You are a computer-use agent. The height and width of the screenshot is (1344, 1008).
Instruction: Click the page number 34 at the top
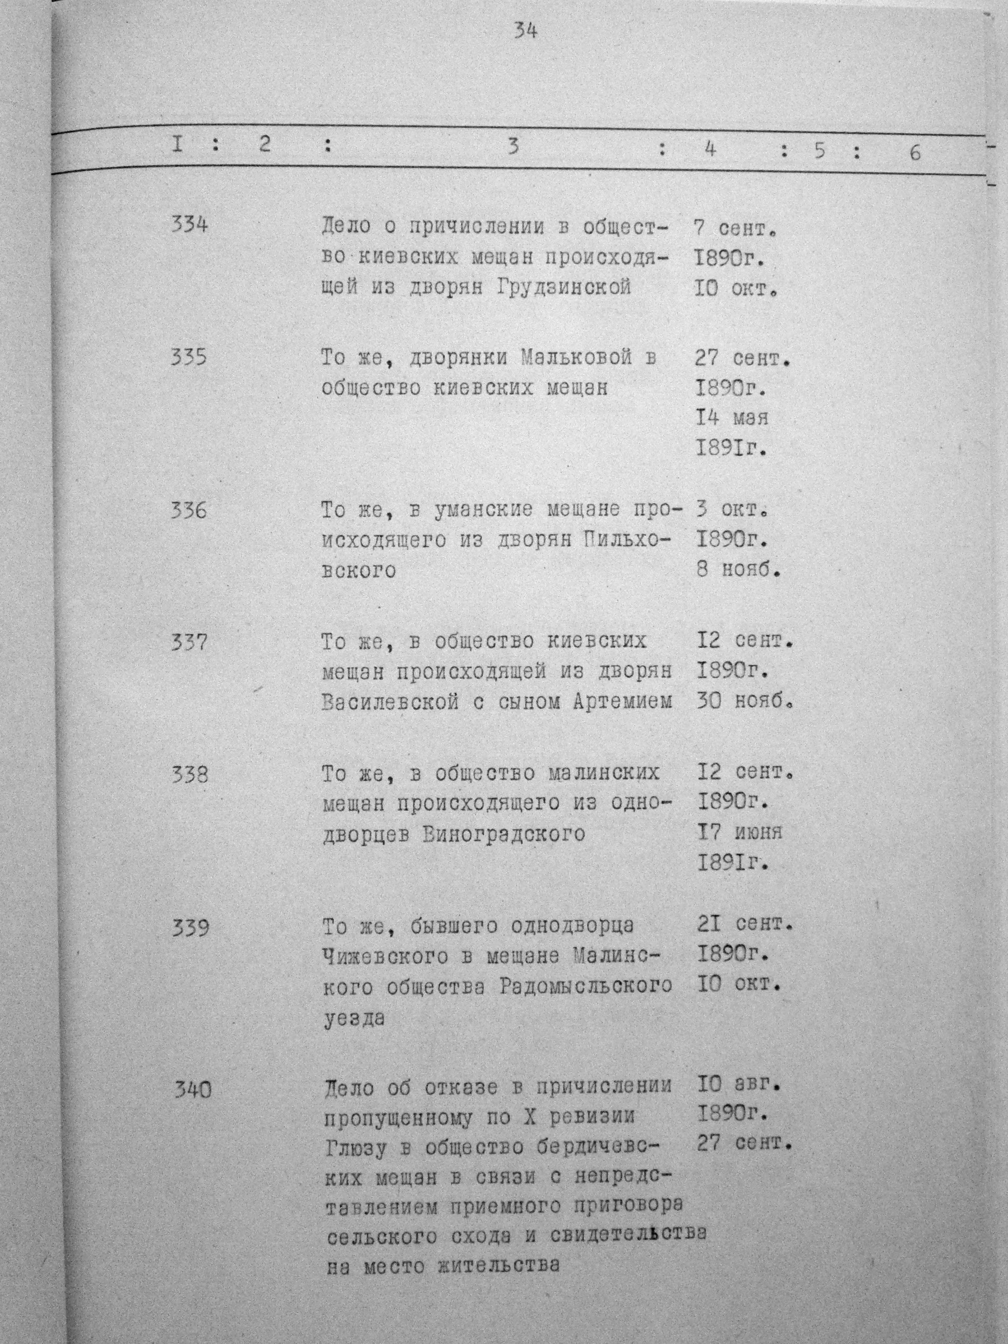coord(524,31)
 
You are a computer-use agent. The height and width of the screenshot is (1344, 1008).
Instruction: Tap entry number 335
coord(189,356)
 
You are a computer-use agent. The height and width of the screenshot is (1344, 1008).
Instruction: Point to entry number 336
coord(189,509)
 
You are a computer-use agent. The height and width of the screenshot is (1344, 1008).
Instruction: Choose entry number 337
coord(189,641)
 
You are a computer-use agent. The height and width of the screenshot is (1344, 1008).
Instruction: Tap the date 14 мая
coord(732,417)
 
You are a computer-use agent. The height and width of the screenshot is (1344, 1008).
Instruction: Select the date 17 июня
coord(739,832)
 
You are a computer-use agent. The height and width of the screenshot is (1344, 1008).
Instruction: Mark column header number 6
coord(915,152)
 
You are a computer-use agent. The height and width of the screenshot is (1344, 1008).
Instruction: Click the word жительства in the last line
coord(498,1266)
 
